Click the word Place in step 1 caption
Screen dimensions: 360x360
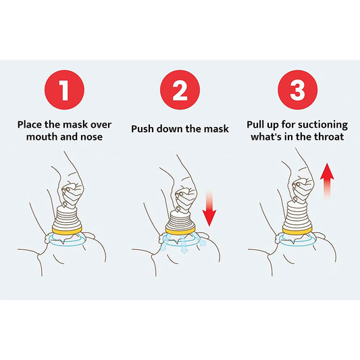[x=32, y=124]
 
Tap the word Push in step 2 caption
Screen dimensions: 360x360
[x=143, y=129]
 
